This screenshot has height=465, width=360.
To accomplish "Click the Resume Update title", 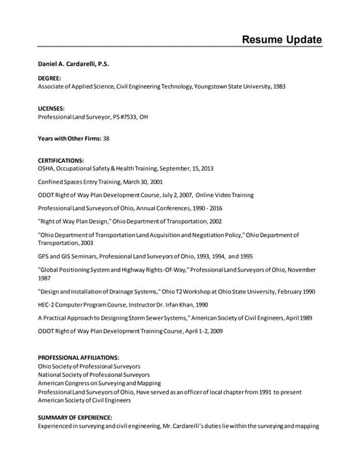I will coord(281,39).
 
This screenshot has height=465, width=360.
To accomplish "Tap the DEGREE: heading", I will coord(49,78).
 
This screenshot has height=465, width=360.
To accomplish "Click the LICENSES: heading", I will coord(52,108).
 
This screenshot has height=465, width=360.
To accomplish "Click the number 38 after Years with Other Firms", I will coord(106,138).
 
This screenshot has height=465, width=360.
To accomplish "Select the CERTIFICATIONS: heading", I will coord(60,160).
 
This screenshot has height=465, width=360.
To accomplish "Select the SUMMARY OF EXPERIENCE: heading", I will coord(75,418).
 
